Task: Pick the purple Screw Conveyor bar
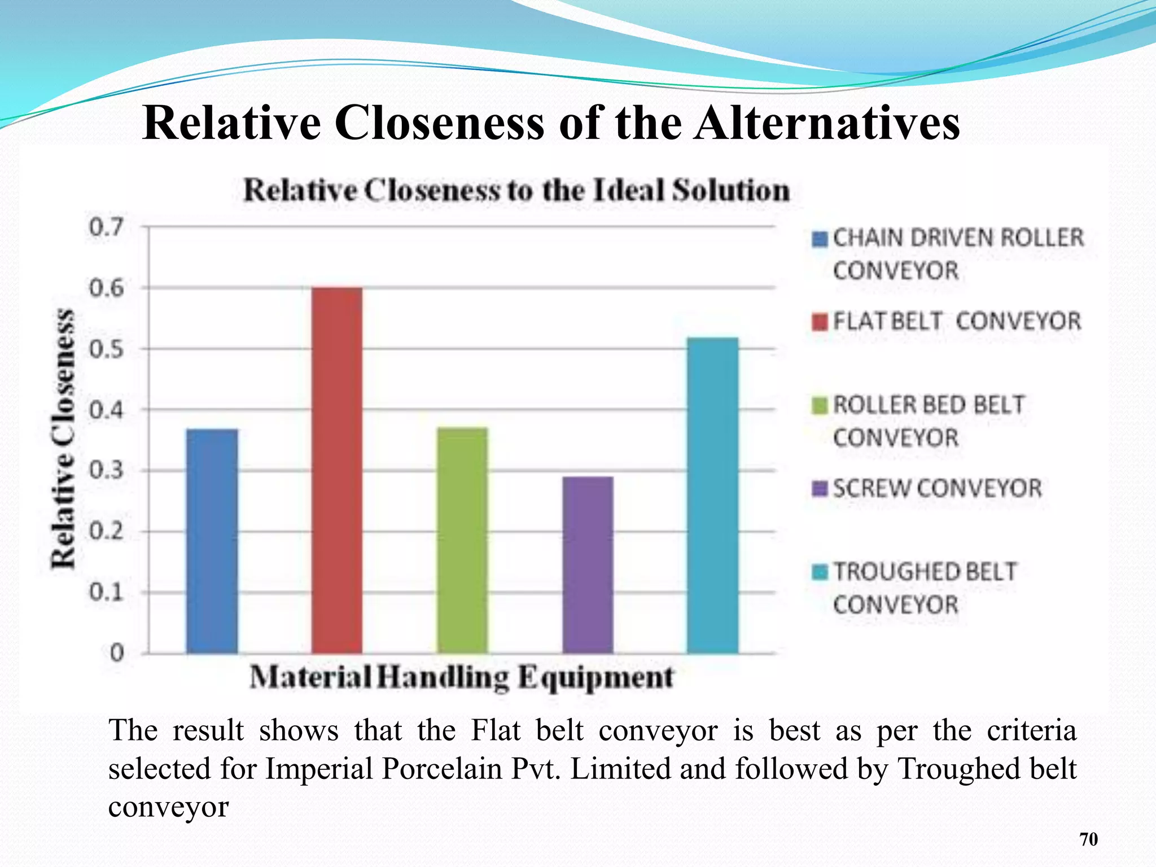[588, 564]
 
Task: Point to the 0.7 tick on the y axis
[106, 227]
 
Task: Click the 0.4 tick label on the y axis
[106, 410]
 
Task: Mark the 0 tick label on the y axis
[116, 653]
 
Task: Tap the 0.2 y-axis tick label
[106, 531]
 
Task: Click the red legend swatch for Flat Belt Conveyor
[820, 322]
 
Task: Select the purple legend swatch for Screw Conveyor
[820, 489]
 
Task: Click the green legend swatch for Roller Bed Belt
[820, 405]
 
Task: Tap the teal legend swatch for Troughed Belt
[820, 572]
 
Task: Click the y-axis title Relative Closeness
[63, 439]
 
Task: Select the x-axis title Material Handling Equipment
[461, 677]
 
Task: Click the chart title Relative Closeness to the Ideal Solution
[516, 190]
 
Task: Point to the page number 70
[1088, 839]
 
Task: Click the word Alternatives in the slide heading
[827, 123]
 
